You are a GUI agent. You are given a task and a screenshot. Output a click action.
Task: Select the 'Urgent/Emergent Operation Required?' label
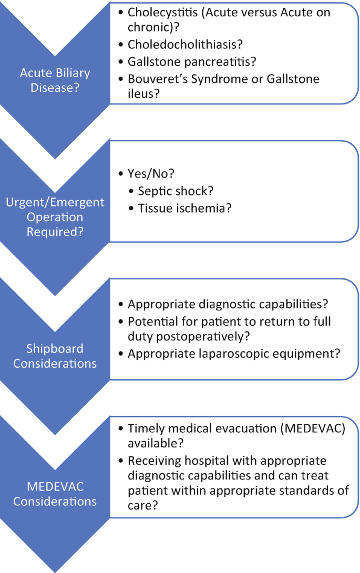[x=55, y=216]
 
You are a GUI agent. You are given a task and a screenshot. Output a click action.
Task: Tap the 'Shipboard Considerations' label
[x=55, y=356]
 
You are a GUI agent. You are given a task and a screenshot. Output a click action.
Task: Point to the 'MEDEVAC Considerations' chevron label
[x=55, y=494]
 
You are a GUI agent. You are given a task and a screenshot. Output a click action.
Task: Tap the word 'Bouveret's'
[x=157, y=79]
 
